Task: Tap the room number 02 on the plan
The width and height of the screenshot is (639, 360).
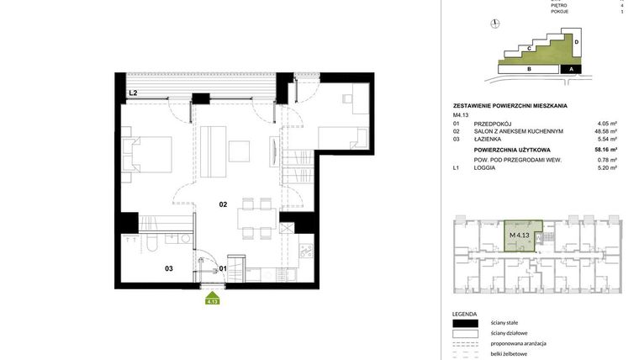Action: (x=224, y=204)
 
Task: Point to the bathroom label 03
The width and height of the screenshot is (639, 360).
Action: (x=168, y=268)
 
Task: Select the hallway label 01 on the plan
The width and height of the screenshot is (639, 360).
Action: (x=223, y=268)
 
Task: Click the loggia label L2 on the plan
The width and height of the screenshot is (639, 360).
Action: (x=133, y=93)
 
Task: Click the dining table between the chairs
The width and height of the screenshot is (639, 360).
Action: (x=256, y=215)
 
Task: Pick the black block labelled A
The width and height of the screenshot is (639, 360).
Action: (x=571, y=69)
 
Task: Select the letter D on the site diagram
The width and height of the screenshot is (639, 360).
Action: (x=577, y=41)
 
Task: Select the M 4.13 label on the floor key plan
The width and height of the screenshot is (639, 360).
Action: (x=519, y=235)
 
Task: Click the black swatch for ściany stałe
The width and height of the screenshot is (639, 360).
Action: (x=465, y=323)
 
